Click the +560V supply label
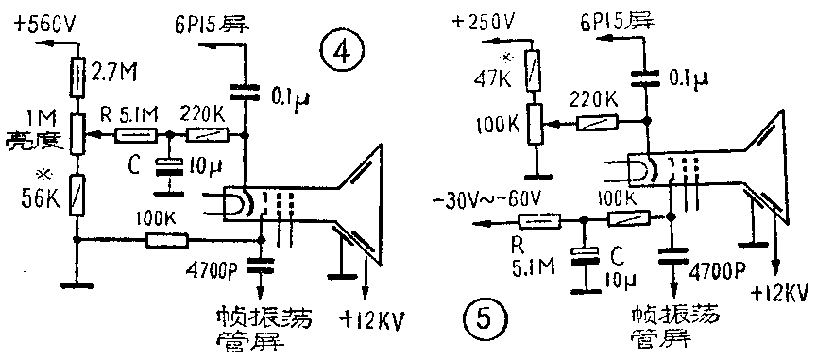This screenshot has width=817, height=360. pyautogui.click(x=44, y=26)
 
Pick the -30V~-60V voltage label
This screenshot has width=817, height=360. pyautogui.click(x=491, y=199)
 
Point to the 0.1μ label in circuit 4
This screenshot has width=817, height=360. pyautogui.click(x=285, y=96)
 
